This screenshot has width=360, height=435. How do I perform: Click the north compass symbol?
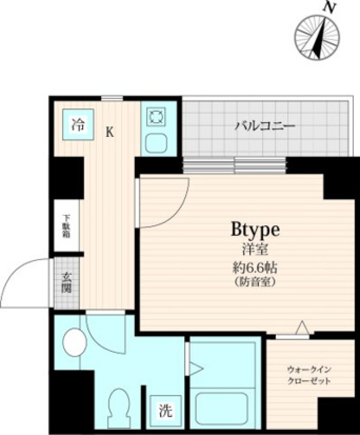click(x=317, y=37)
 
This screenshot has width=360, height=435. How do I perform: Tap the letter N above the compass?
click(x=330, y=8)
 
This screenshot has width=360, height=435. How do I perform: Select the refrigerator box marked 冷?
click(x=78, y=124)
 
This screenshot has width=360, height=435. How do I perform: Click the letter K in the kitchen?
click(x=109, y=132)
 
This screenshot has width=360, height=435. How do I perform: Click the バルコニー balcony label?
click(x=265, y=126)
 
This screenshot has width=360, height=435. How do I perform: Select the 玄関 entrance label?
click(x=66, y=283)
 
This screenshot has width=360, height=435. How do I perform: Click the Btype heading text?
click(x=255, y=230)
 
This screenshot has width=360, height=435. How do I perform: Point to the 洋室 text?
click(x=255, y=249)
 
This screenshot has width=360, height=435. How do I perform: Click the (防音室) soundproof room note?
click(x=255, y=282)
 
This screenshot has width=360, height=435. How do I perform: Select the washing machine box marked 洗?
click(x=165, y=411)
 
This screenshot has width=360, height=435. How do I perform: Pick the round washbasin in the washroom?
click(x=74, y=342)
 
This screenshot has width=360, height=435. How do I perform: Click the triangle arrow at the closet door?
click(x=303, y=328)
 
